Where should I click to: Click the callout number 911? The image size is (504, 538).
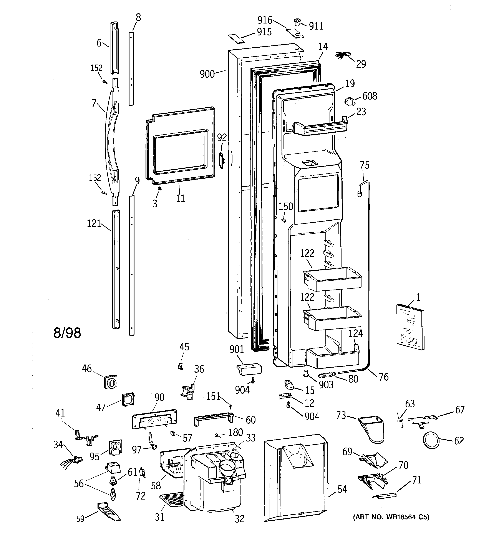pyautogui.click(x=316, y=26)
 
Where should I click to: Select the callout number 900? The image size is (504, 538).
pyautogui.click(x=207, y=74)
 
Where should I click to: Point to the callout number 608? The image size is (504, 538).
pyautogui.click(x=370, y=96)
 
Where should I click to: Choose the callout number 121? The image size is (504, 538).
pyautogui.click(x=94, y=223)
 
